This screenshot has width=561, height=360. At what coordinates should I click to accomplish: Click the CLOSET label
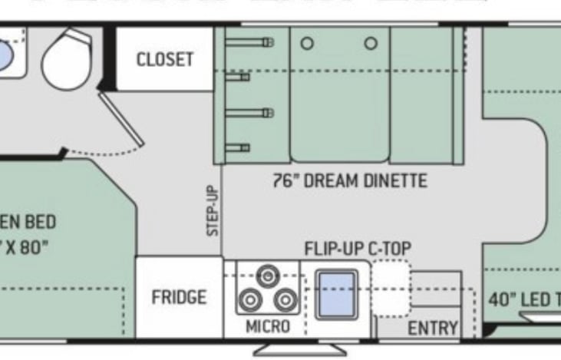(164, 59)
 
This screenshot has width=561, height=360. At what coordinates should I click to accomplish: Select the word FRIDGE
(178, 297)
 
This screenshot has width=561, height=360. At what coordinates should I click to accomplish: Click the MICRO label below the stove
(267, 326)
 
